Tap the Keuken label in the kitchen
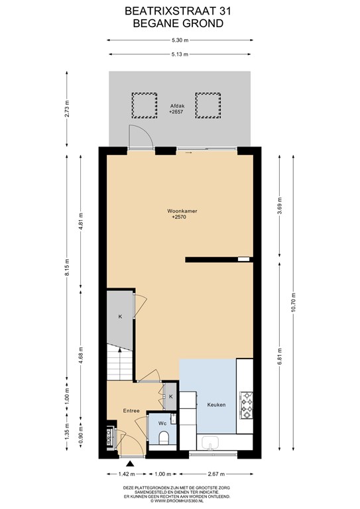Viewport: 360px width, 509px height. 216,405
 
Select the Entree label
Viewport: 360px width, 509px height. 131,411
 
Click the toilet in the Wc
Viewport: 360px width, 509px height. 163,438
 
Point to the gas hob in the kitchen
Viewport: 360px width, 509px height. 246,405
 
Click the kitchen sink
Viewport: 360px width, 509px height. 210,443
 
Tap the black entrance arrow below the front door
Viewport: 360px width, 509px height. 130,463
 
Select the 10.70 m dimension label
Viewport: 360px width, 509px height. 294,302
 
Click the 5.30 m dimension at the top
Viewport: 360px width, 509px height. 180,40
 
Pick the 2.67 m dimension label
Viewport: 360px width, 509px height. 216,474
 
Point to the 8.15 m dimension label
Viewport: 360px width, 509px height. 67,267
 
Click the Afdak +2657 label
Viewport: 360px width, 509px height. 177,109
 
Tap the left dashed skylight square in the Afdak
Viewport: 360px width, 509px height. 144,105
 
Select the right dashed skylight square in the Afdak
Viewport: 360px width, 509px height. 208,105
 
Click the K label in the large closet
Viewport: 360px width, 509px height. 120,317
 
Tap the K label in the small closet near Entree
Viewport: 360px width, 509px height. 171,396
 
